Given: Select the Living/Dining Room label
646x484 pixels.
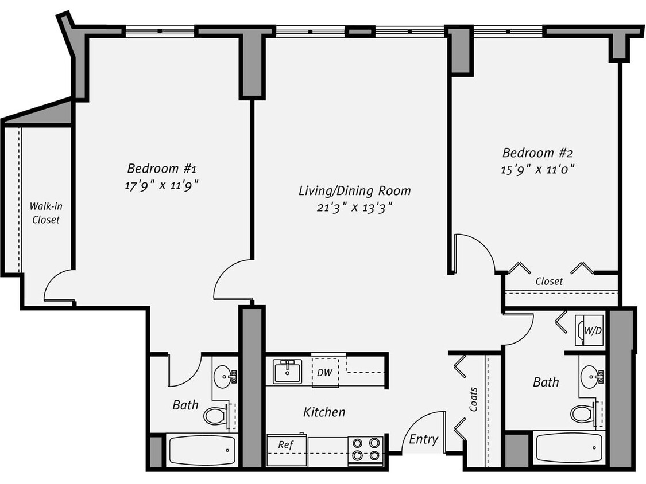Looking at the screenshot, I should pos(354,190).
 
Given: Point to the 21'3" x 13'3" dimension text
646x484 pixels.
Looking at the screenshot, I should pos(354,207).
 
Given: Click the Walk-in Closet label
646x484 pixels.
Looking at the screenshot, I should pos(45,212).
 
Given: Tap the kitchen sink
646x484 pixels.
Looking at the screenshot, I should pos(288,372).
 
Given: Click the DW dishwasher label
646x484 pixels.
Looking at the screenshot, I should pos(324,372).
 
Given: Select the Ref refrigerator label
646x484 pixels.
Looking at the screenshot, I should pos(285,444).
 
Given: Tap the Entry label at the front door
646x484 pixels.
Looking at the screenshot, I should pos(423,440).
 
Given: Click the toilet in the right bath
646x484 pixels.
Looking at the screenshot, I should pos(581,413).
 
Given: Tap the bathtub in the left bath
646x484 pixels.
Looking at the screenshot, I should pos(201,450).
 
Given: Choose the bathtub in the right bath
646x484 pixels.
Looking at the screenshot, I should pos(568,448).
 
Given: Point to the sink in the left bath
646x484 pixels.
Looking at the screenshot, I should pos(224,376).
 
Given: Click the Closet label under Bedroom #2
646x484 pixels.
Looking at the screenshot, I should pos(548,282).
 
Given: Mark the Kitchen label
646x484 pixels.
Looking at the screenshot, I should pos(324,412).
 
